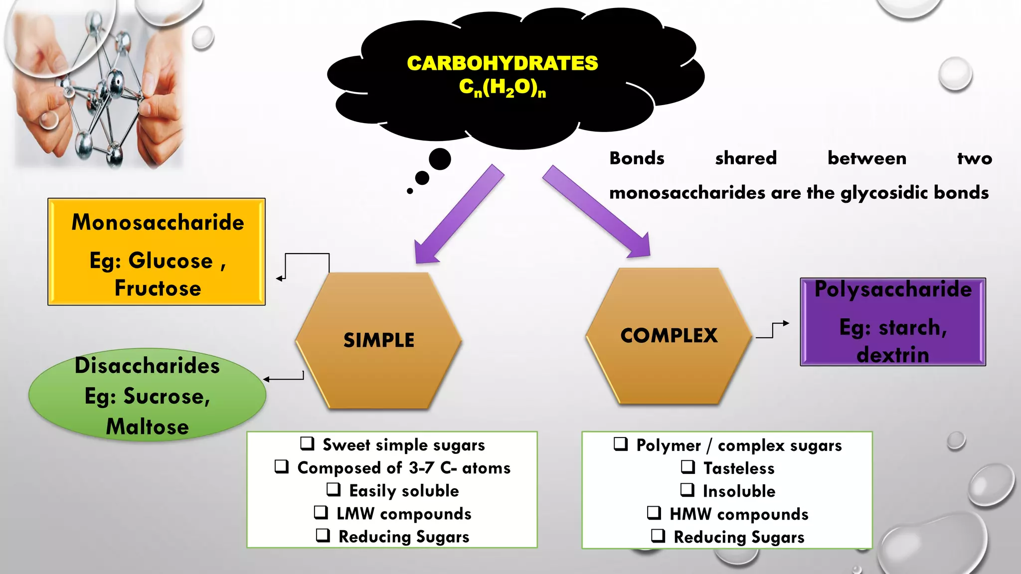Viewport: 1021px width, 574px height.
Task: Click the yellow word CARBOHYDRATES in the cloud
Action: click(502, 63)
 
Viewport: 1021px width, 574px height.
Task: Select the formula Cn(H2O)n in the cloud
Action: click(502, 88)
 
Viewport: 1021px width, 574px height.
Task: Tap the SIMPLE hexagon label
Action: click(379, 340)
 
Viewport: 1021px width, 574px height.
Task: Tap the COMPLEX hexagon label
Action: click(669, 335)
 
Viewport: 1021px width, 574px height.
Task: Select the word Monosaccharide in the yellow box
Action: click(158, 222)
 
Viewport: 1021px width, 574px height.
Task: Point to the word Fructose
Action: click(158, 288)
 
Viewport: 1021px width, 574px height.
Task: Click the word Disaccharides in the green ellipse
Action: click(147, 366)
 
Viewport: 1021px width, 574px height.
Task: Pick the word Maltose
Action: click(147, 427)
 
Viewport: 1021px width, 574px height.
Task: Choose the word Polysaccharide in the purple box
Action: click(893, 289)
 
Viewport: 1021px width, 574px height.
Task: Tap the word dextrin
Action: click(893, 355)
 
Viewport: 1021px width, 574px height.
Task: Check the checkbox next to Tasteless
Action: click(688, 467)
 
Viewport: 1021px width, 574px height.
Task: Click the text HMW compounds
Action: click(739, 514)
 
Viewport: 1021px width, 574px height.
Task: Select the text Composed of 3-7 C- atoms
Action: click(404, 468)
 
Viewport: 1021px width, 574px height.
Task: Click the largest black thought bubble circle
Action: click(440, 159)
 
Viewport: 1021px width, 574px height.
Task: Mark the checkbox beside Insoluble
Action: click(687, 490)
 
